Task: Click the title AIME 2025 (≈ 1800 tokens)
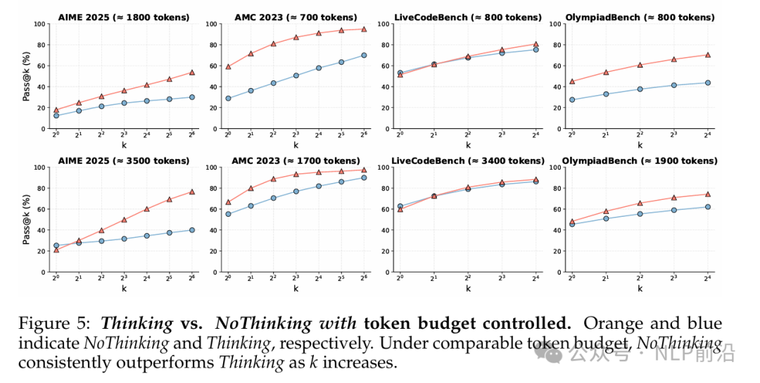(125, 17)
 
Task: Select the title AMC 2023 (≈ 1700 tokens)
(296, 161)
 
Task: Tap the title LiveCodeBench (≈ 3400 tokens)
(468, 161)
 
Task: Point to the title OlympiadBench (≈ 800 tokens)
(640, 17)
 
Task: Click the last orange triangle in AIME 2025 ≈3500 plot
(191, 191)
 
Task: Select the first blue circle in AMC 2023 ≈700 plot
(228, 99)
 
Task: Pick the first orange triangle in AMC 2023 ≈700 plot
(228, 67)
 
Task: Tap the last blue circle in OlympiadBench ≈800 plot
(707, 83)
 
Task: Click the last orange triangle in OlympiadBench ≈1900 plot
(707, 194)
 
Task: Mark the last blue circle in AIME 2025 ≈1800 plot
(191, 97)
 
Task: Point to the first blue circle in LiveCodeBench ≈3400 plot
(400, 206)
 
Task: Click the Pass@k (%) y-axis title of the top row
(26, 76)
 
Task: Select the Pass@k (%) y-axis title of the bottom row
(26, 220)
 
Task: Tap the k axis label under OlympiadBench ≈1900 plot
(640, 289)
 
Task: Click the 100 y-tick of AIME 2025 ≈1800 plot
(39, 24)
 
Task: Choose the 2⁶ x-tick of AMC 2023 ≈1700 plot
(363, 279)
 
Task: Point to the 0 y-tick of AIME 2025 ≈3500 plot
(43, 272)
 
